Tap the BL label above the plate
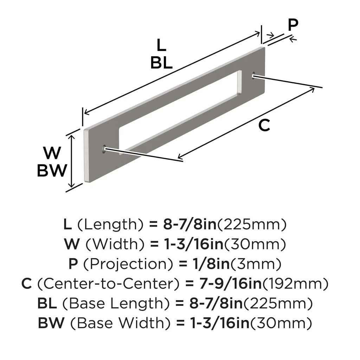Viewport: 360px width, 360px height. (x=161, y=63)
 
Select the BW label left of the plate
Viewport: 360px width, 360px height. (x=52, y=171)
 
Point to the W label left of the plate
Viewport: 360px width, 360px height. (x=52, y=153)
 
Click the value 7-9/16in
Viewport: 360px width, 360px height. (x=231, y=283)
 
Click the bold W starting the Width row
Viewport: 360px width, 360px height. (x=70, y=243)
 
